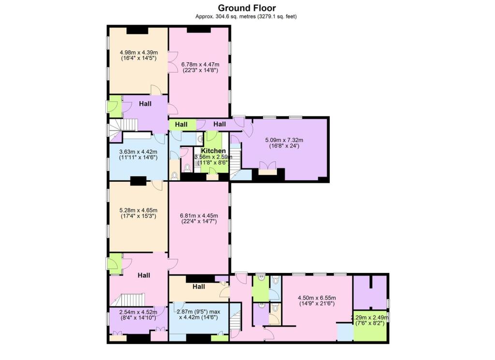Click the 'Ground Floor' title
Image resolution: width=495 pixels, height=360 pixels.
click(x=247, y=8)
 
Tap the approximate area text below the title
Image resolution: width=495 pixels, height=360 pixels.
click(x=247, y=16)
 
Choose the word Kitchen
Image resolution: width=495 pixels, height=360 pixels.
click(x=213, y=151)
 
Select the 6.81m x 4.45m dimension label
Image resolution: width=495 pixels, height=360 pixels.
click(x=199, y=218)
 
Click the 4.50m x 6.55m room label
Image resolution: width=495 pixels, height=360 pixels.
click(x=316, y=301)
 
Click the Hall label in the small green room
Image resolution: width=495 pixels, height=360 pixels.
click(x=181, y=125)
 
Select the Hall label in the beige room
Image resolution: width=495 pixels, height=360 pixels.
click(x=199, y=287)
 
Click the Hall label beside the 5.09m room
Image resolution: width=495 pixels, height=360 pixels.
click(x=220, y=124)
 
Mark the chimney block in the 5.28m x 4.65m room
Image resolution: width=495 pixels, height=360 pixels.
click(x=138, y=181)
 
